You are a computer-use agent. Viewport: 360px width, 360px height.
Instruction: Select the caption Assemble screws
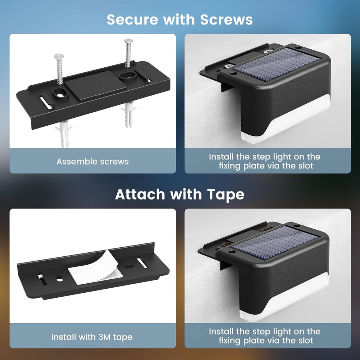click(93, 161)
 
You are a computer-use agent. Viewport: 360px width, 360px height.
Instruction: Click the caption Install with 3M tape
click(92, 337)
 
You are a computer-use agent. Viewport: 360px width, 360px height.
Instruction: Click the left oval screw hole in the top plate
click(59, 93)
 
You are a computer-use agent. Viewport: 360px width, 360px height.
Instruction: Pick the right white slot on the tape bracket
click(142, 262)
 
